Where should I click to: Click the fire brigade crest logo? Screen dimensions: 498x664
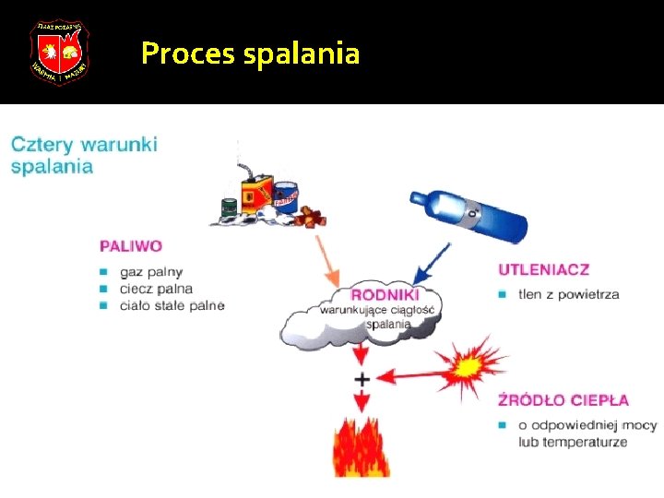click(58, 52)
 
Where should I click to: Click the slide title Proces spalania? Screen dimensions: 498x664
click(250, 53)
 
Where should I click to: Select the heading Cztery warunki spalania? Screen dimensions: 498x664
click(84, 155)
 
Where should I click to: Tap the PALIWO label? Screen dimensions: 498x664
click(131, 246)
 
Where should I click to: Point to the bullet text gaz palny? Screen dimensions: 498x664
click(151, 272)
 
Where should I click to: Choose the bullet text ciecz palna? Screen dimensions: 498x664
click(156, 289)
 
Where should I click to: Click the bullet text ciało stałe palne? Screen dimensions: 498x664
click(172, 305)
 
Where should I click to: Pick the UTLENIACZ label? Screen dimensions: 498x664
click(543, 269)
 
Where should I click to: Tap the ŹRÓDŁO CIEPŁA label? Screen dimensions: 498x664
click(563, 400)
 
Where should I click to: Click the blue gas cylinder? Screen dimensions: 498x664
click(468, 215)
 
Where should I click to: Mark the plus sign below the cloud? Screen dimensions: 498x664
click(362, 379)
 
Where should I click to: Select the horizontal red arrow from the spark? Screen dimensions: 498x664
click(415, 374)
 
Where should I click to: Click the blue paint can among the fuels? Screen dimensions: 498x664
click(287, 196)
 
